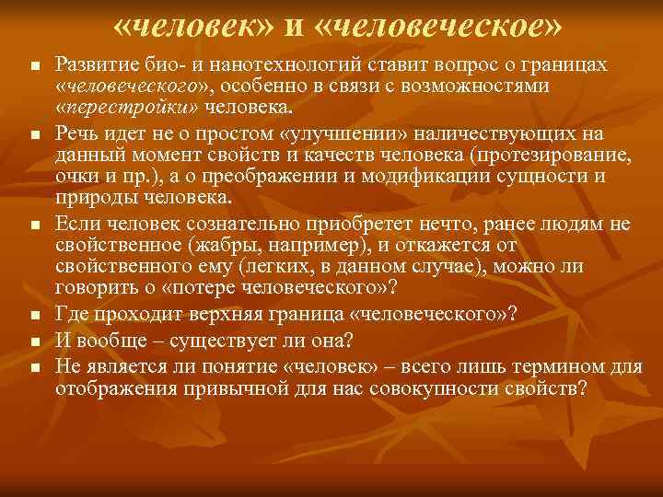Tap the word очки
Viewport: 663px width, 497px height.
[77, 175]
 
